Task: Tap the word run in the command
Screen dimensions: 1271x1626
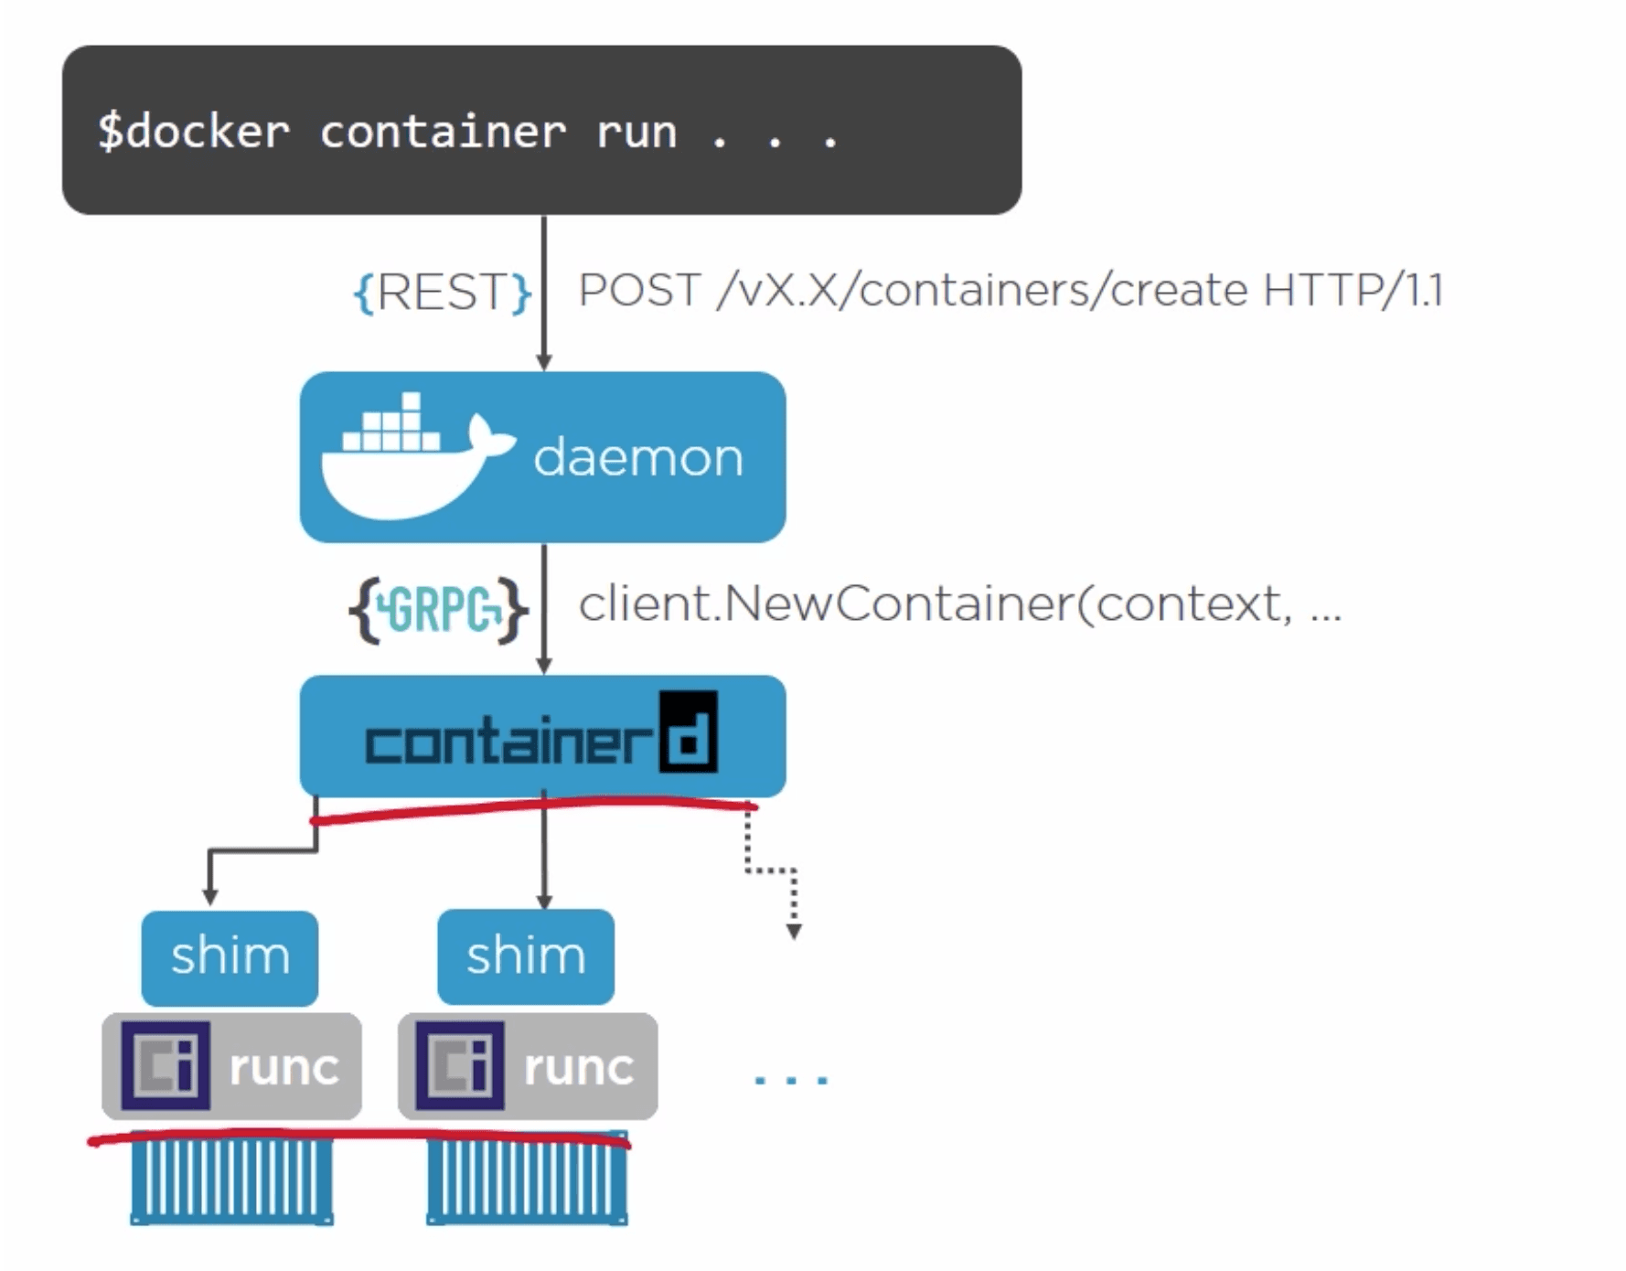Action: click(x=636, y=132)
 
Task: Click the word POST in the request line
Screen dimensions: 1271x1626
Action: click(x=639, y=291)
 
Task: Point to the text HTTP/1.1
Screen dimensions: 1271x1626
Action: click(x=1353, y=291)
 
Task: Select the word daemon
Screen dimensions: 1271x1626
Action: click(x=638, y=457)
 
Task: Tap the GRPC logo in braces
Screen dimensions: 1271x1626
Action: click(x=439, y=609)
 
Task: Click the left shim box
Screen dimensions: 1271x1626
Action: click(x=230, y=956)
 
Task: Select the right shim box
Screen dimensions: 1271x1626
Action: click(x=526, y=956)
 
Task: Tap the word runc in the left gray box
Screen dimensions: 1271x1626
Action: click(x=283, y=1067)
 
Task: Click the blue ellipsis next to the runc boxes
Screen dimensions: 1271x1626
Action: click(x=791, y=1080)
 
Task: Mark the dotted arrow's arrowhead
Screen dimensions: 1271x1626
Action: click(x=794, y=932)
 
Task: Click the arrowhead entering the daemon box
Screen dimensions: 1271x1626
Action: click(x=544, y=363)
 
